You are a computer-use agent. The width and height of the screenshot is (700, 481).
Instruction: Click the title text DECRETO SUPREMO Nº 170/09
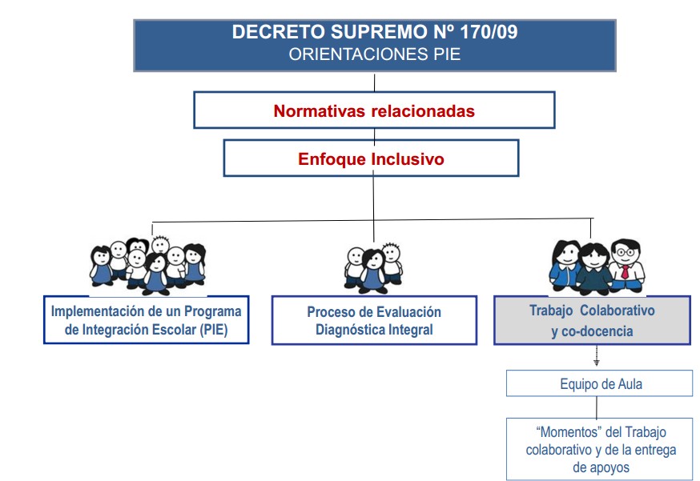(374, 33)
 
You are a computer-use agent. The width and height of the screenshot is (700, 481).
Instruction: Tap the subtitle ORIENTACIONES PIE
(374, 54)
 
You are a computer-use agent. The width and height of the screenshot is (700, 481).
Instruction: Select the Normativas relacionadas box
(374, 110)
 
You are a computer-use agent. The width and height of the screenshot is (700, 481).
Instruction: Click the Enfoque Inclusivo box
(371, 158)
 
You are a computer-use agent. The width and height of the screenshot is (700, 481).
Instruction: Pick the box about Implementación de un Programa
(146, 320)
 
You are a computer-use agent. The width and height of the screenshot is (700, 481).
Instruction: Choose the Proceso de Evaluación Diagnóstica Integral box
(374, 320)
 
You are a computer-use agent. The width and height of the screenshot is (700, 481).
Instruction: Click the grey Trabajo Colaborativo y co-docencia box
(592, 320)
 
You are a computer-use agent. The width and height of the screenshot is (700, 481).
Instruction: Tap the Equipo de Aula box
(599, 383)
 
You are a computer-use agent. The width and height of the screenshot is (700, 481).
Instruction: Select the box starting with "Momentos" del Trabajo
(599, 449)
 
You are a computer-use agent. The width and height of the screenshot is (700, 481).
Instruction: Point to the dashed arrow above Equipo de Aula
(596, 357)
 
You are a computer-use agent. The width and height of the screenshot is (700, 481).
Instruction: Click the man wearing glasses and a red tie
(625, 262)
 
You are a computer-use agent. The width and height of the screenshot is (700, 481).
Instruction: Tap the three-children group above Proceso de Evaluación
(373, 265)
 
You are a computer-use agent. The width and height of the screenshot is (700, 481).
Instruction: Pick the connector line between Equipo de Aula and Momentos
(596, 407)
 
